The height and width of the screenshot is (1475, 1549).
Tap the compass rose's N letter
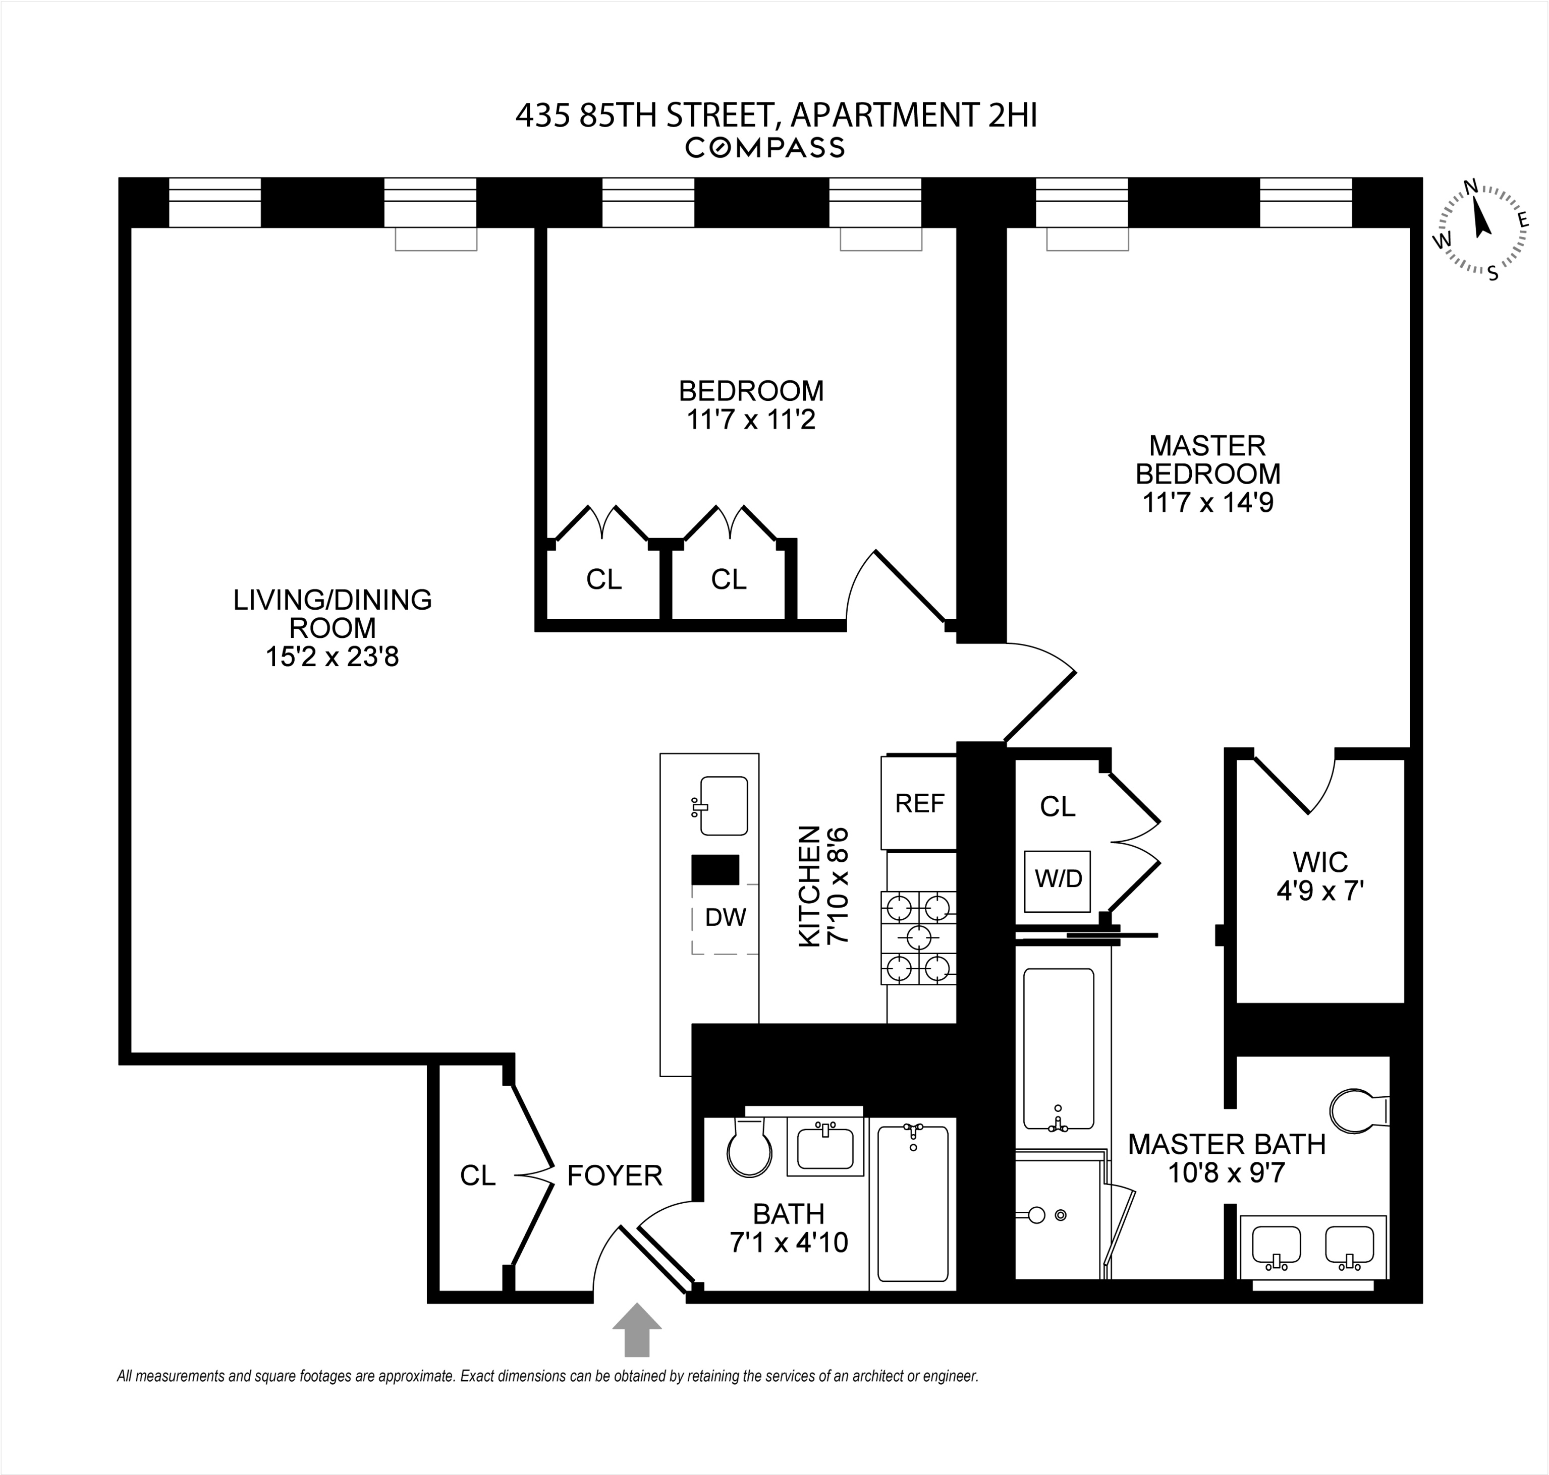pyautogui.click(x=1470, y=187)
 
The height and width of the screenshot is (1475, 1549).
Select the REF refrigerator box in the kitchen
pyautogui.click(x=919, y=803)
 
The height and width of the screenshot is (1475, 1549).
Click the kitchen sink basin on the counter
pyautogui.click(x=722, y=806)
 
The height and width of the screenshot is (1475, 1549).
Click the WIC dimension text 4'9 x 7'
pyautogui.click(x=1320, y=892)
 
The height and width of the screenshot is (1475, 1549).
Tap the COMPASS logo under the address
pyautogui.click(x=765, y=147)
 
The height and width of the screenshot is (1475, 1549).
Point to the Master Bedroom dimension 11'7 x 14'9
pyautogui.click(x=1207, y=502)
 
